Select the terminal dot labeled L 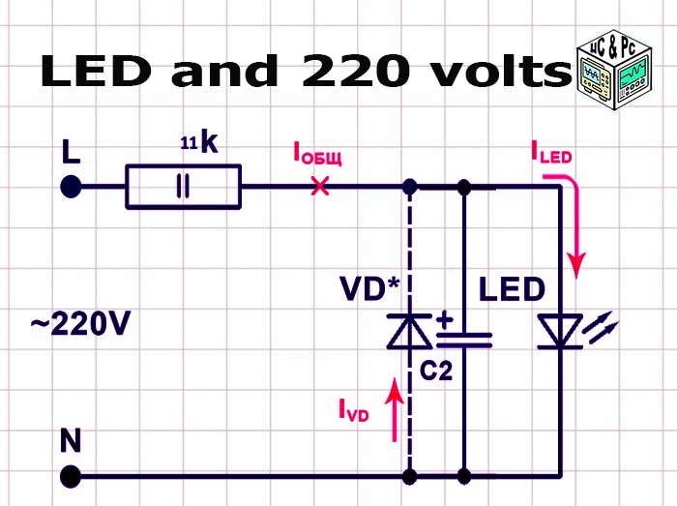point(71,187)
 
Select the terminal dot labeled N point(71,476)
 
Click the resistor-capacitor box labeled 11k point(183,187)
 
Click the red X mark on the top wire point(319,187)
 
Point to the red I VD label point(353,411)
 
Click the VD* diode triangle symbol point(410,331)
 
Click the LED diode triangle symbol point(559,331)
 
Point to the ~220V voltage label point(79,325)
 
